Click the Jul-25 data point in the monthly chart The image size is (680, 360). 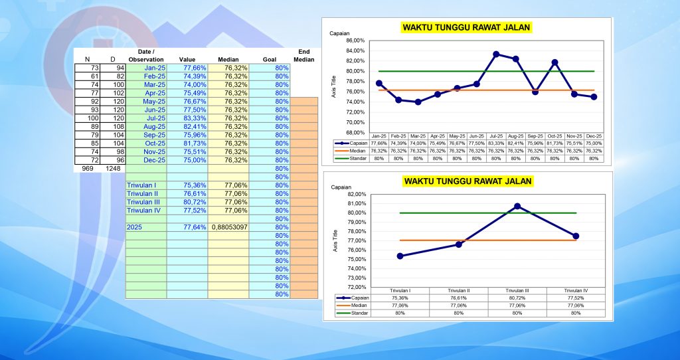(x=496, y=54)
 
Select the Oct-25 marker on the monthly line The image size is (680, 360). (x=554, y=62)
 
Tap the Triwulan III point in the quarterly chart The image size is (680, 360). (x=517, y=206)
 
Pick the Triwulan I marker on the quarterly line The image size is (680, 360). (x=400, y=256)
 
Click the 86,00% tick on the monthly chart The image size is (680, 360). (x=355, y=41)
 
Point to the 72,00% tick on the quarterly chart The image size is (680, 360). (x=355, y=287)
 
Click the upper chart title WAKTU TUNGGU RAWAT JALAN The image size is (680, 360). (x=467, y=27)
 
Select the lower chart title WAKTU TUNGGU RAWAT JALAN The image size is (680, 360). (x=468, y=181)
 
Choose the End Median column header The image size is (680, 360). (x=303, y=55)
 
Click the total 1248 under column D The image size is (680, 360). (x=113, y=169)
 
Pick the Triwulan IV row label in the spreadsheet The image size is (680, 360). (x=143, y=211)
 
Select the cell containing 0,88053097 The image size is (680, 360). (x=228, y=227)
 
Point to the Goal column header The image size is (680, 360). (x=269, y=59)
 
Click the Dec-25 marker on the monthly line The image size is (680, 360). (x=594, y=96)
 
